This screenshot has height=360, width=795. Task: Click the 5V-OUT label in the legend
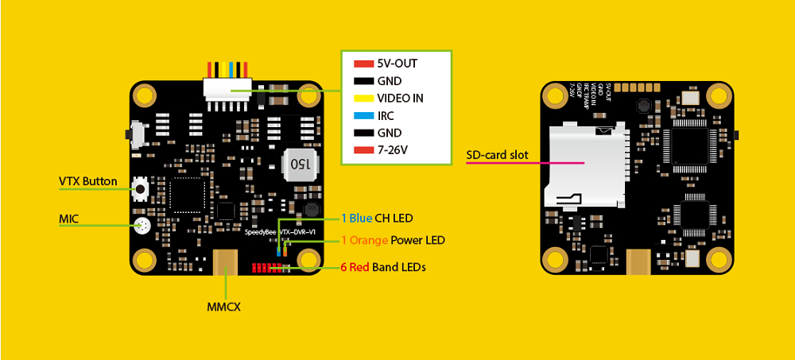coord(397,63)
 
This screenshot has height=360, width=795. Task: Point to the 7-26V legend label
coord(394,150)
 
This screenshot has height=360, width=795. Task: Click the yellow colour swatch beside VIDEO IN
coord(363,99)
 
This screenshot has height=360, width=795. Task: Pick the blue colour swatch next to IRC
coord(363,116)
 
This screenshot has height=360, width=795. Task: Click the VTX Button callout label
coord(87,181)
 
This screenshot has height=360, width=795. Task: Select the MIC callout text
coord(69,217)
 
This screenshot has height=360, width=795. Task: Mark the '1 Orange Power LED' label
coord(393,240)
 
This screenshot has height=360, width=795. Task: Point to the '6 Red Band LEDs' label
coord(382,268)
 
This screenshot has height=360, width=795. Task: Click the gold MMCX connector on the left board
coord(226,260)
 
